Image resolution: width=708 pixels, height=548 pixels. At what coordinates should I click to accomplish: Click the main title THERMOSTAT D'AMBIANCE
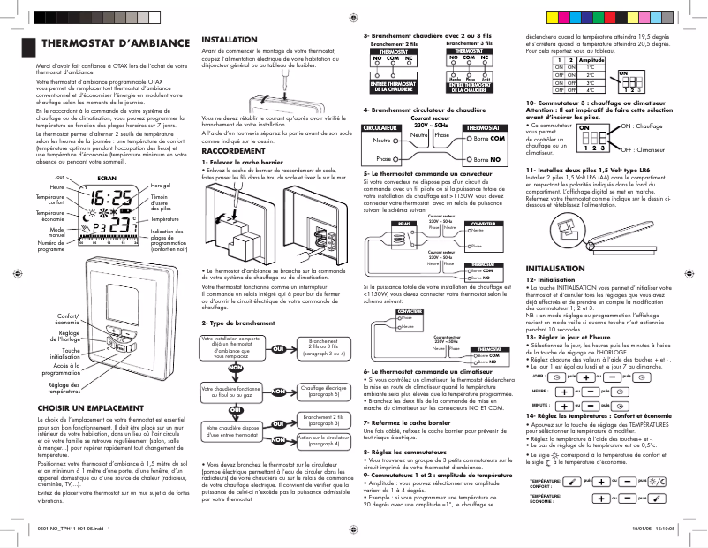click(x=116, y=43)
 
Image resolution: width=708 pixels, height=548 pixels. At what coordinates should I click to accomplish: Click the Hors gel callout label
click(x=160, y=185)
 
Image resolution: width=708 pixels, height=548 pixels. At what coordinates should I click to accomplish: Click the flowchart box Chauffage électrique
click(x=324, y=389)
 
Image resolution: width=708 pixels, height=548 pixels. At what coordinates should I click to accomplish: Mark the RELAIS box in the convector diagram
click(x=402, y=225)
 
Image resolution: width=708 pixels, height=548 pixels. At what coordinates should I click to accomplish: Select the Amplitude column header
click(x=591, y=59)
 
